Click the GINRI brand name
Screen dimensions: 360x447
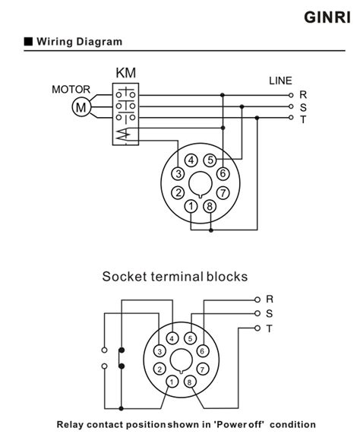point(327,17)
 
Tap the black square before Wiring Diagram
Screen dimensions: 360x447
point(29,41)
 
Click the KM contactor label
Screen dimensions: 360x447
point(125,73)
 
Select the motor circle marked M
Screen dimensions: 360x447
point(81,107)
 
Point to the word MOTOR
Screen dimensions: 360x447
point(71,90)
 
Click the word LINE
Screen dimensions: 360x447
point(280,81)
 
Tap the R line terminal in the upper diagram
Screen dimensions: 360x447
point(291,95)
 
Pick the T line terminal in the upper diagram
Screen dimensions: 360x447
point(291,117)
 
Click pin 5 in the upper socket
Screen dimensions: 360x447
point(210,160)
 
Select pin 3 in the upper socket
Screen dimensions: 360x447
point(178,173)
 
